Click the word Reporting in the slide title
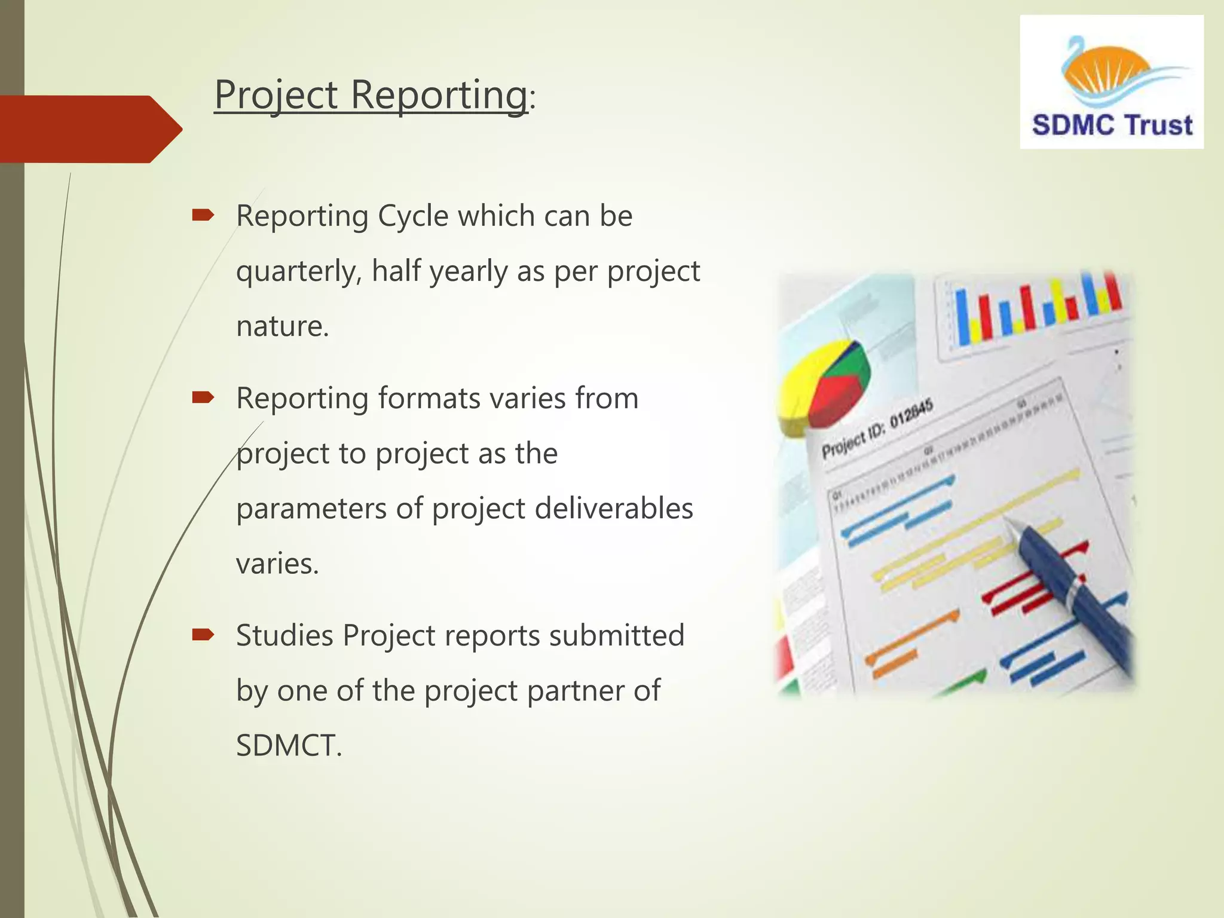[x=439, y=96]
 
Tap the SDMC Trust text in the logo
[x=1112, y=126]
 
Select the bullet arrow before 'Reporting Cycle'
[x=203, y=216]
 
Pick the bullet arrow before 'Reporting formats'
[x=203, y=398]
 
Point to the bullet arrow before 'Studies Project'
[x=203, y=635]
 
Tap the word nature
[x=282, y=327]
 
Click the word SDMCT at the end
[x=288, y=746]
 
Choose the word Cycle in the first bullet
[x=413, y=216]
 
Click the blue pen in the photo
[x=1070, y=592]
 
